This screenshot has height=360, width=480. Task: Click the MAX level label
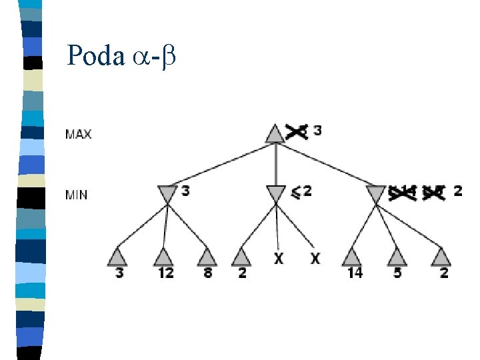(79, 133)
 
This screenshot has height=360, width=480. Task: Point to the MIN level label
(77, 195)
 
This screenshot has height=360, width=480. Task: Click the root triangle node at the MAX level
(275, 133)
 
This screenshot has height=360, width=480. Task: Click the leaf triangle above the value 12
(163, 257)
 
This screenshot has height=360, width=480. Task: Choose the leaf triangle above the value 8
(207, 257)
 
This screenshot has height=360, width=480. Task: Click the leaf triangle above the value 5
(397, 257)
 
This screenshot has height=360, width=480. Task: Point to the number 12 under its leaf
(165, 273)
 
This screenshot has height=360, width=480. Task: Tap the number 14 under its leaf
(354, 273)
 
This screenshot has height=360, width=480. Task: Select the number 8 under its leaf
(208, 273)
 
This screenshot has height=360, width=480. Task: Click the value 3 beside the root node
(317, 131)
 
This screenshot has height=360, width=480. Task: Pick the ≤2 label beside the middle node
(301, 191)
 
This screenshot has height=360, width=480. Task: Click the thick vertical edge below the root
(275, 163)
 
